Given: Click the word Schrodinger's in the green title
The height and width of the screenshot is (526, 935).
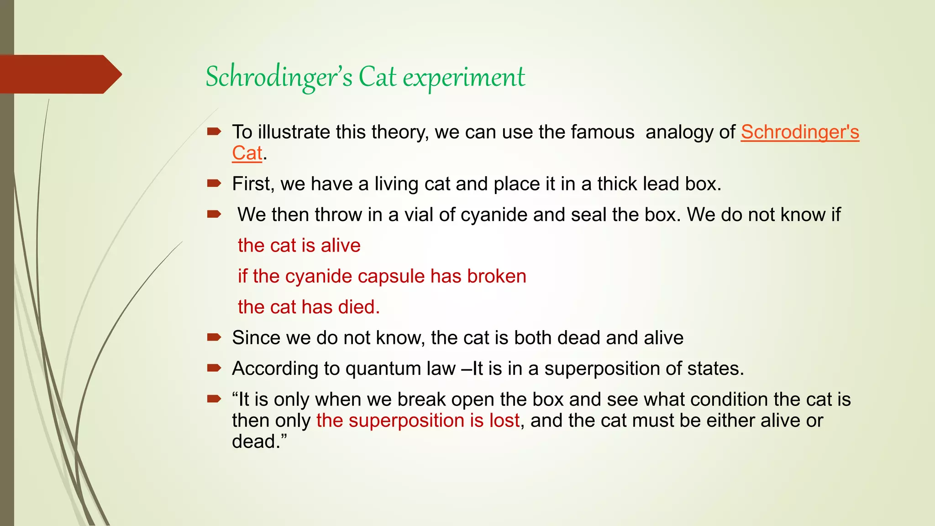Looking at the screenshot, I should tap(278, 77).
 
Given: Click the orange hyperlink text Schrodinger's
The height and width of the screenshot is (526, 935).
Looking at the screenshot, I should tap(799, 132).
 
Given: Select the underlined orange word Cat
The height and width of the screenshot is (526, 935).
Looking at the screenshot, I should tap(247, 153).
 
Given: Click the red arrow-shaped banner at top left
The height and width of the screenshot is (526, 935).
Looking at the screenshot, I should tap(59, 74).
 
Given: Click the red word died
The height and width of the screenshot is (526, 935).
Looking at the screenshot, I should tap(359, 307).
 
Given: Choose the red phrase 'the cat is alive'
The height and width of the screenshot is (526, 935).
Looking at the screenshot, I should tap(299, 246).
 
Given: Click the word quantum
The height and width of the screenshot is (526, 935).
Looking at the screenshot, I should tap(378, 368).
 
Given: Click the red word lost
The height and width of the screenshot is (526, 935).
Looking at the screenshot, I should tap(504, 420).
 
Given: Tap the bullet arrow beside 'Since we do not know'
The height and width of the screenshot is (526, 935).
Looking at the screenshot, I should tap(214, 337).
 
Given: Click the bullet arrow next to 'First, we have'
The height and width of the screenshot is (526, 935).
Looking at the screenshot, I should tap(214, 184).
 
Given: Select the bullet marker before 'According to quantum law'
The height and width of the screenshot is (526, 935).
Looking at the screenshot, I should tap(214, 368).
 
